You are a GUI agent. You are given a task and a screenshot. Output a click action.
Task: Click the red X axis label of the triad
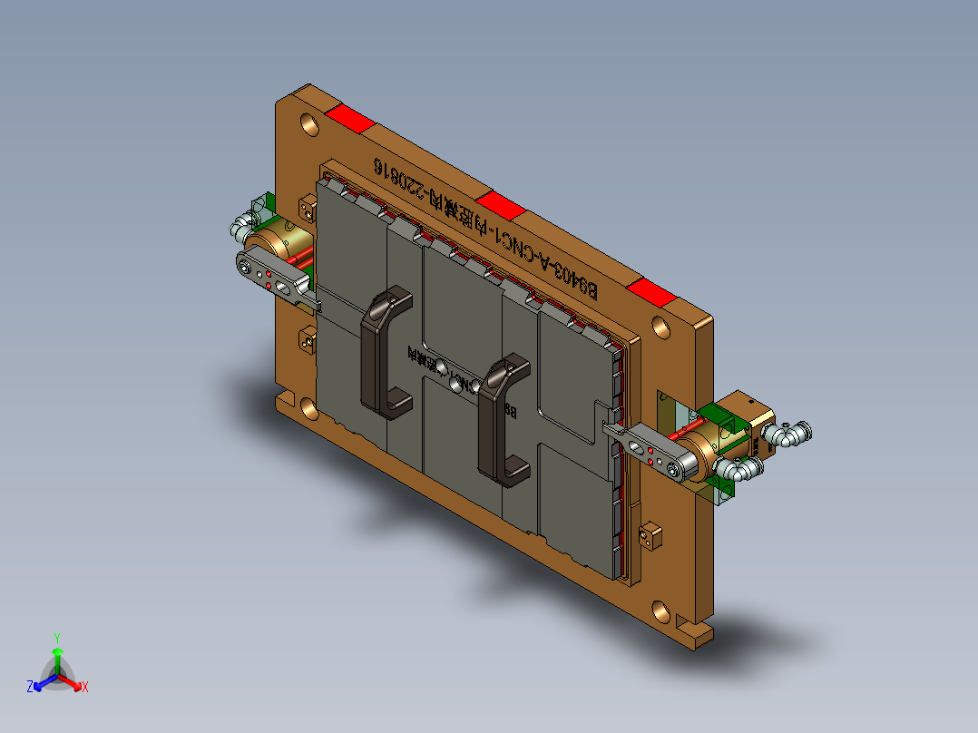(x=84, y=688)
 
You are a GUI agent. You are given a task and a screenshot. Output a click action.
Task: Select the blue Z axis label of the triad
(x=30, y=688)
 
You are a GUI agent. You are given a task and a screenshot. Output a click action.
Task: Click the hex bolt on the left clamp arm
(x=246, y=265)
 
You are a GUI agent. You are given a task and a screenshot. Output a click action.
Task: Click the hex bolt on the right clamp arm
(x=672, y=467)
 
